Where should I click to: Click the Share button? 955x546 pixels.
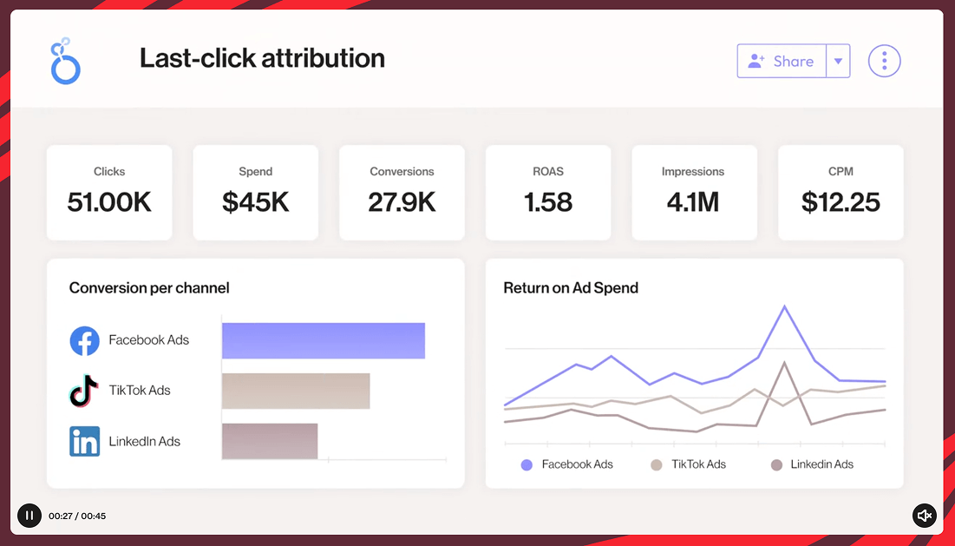(782, 61)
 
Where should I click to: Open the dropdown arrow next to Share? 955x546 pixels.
(838, 62)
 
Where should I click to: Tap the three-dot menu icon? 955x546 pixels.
(884, 61)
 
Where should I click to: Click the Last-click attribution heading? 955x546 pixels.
(262, 58)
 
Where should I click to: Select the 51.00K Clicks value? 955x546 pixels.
(109, 202)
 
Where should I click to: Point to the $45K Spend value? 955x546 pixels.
(255, 202)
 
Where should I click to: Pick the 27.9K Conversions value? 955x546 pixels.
(402, 202)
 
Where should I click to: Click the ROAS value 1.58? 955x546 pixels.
(548, 202)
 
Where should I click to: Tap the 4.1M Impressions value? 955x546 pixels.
(693, 202)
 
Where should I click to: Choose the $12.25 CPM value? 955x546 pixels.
(841, 202)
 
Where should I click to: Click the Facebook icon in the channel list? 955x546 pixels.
(84, 340)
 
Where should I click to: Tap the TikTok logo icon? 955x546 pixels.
(84, 391)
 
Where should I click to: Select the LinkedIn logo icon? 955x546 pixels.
(84, 441)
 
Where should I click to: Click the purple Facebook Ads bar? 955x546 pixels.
(323, 340)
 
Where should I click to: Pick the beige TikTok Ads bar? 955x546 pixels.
(296, 391)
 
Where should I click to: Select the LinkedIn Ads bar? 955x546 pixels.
(270, 441)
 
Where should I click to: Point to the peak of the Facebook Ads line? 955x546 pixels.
(785, 306)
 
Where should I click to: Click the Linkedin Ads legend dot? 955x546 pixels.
(776, 464)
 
